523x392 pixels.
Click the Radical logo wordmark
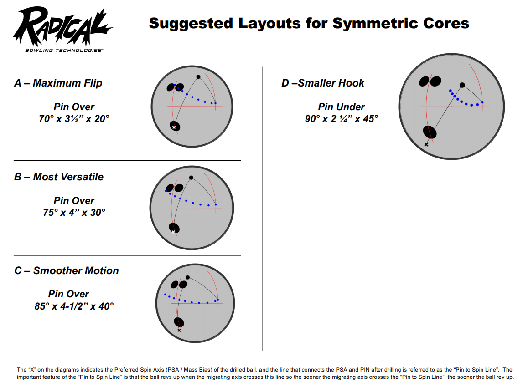pyautogui.click(x=63, y=27)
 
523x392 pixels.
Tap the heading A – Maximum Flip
pyautogui.click(x=58, y=83)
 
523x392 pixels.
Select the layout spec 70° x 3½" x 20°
pyautogui.click(x=74, y=118)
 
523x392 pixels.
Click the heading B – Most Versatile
pyautogui.click(x=59, y=177)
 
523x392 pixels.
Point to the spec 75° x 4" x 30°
pyautogui.click(x=74, y=213)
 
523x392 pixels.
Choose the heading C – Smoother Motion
pyautogui.click(x=67, y=270)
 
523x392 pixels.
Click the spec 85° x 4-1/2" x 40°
pyautogui.click(x=74, y=306)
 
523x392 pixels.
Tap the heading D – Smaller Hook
pyautogui.click(x=323, y=83)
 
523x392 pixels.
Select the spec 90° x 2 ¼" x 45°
pyautogui.click(x=342, y=118)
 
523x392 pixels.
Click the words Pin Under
pyautogui.click(x=341, y=107)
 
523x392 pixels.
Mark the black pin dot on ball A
pyautogui.click(x=198, y=77)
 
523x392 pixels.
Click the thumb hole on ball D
pyautogui.click(x=430, y=132)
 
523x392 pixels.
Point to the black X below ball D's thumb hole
pyautogui.click(x=426, y=144)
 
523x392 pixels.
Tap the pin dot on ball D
pyautogui.click(x=462, y=85)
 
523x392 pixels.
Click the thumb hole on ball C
pyautogui.click(x=179, y=322)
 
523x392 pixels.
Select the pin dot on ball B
pyautogui.click(x=191, y=178)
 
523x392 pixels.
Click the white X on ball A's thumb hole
pyautogui.click(x=174, y=127)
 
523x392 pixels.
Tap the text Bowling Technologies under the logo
pyautogui.click(x=64, y=50)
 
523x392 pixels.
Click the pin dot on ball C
pyautogui.click(x=188, y=277)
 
